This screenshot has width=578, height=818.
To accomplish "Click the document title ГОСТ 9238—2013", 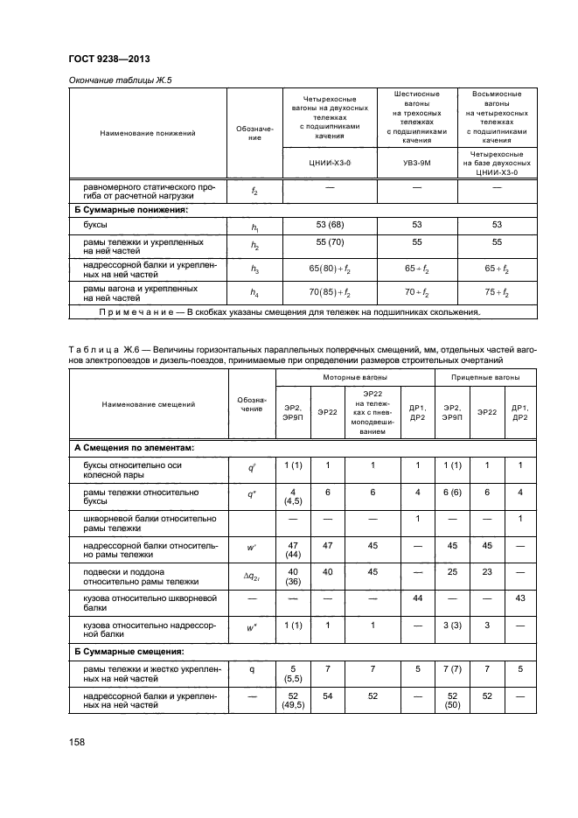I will click(108, 59).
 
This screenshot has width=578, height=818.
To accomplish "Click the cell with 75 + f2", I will click(496, 292).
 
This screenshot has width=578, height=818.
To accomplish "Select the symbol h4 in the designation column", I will click(254, 292).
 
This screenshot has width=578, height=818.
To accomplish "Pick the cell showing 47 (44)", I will click(292, 549).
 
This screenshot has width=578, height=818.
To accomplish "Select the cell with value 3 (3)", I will click(452, 626).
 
